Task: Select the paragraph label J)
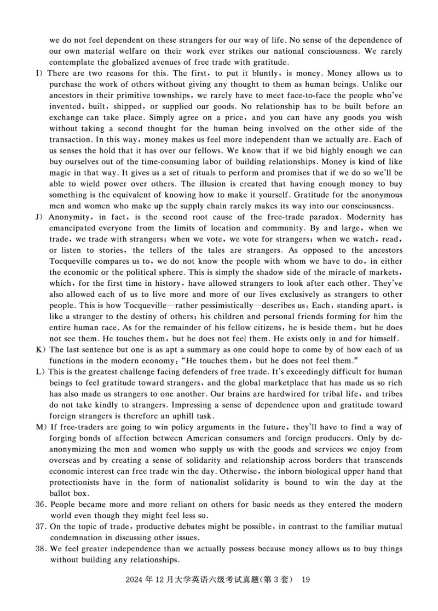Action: (39, 217)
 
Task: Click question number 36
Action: (41, 505)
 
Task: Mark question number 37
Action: (41, 527)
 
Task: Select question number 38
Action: (41, 549)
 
